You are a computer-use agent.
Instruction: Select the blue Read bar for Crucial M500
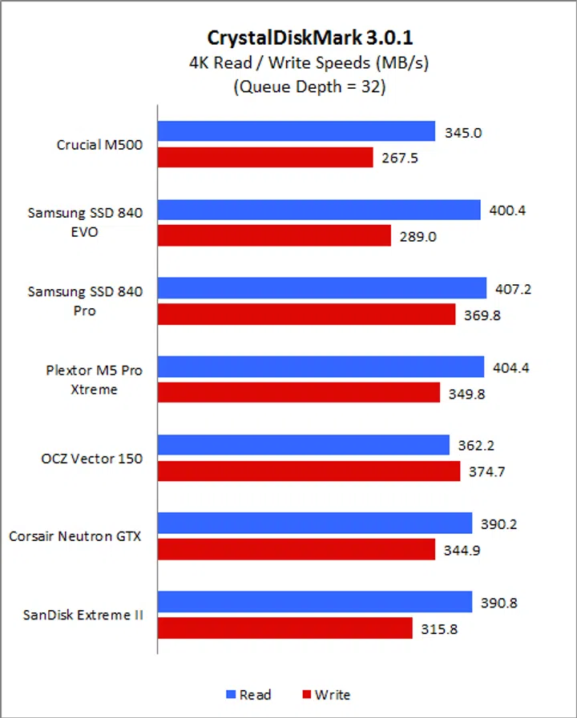click(x=296, y=131)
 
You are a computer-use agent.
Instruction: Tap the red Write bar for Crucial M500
click(x=265, y=158)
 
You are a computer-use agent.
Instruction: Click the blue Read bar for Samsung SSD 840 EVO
click(x=318, y=210)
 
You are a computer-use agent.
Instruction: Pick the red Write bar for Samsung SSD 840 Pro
click(x=306, y=315)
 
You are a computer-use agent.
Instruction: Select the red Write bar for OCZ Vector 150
click(x=309, y=471)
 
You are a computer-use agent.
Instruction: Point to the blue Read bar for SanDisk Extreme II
click(x=314, y=602)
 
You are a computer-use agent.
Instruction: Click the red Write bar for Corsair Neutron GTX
click(x=296, y=549)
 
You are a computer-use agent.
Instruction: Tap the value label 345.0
click(x=463, y=133)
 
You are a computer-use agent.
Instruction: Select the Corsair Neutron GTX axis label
click(x=75, y=536)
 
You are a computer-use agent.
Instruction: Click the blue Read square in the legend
click(x=231, y=695)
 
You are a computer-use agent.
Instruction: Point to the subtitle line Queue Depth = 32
click(x=309, y=87)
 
